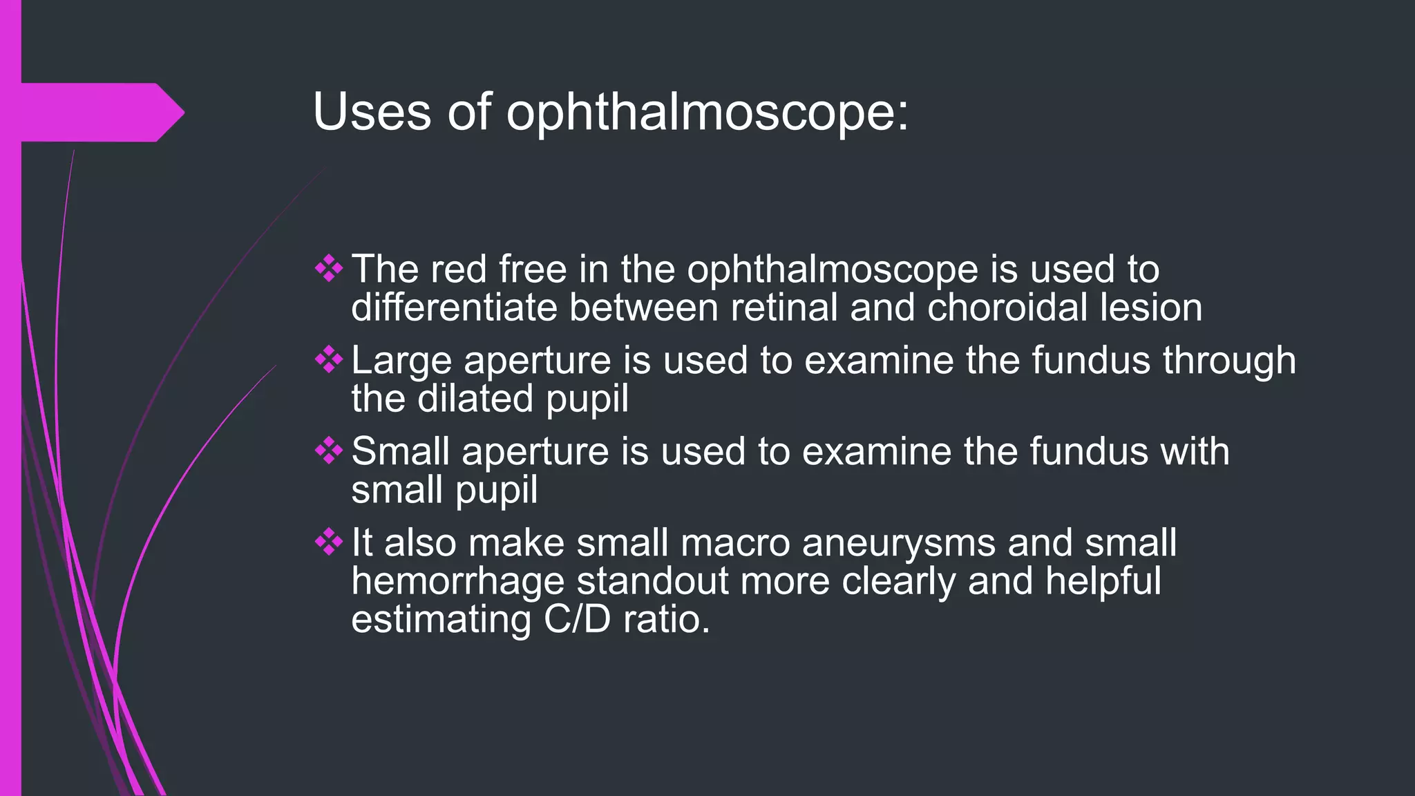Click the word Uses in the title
click(372, 112)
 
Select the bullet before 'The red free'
click(329, 269)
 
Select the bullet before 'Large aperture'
click(329, 360)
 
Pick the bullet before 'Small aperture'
click(329, 451)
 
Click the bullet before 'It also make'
click(329, 542)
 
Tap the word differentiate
click(454, 307)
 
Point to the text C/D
click(577, 619)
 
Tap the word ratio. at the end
click(666, 619)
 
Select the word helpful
click(1103, 581)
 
